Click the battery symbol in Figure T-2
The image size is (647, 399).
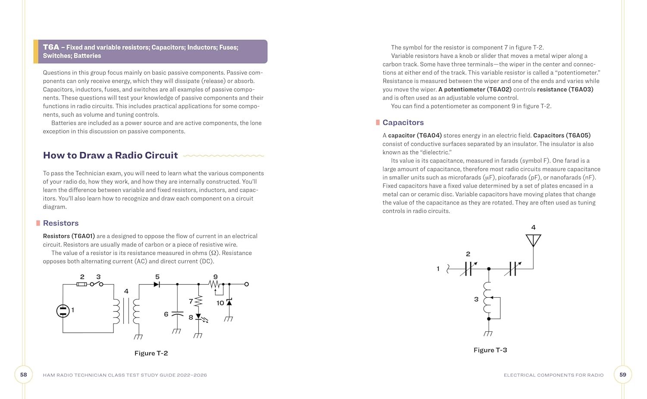pyautogui.click(x=63, y=311)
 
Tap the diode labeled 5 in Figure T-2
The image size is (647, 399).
pyautogui.click(x=157, y=284)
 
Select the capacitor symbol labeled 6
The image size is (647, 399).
pyautogui.click(x=177, y=314)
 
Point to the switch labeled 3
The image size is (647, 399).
pyautogui.click(x=97, y=284)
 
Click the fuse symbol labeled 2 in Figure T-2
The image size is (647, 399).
pyautogui.click(x=82, y=284)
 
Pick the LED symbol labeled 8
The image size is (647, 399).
pyautogui.click(x=198, y=317)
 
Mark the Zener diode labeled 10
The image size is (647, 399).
pyautogui.click(x=229, y=302)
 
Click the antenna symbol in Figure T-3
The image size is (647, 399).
pyautogui.click(x=533, y=240)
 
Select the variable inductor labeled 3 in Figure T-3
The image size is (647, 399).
pyautogui.click(x=488, y=298)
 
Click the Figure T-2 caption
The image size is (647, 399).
pyautogui.click(x=151, y=353)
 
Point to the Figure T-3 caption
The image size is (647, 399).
pyautogui.click(x=490, y=350)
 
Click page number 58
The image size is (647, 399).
pyautogui.click(x=24, y=375)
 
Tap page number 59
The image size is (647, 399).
pyautogui.click(x=622, y=375)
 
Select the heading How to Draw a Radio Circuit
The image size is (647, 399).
pyautogui.click(x=110, y=155)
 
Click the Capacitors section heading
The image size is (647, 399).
pyautogui.click(x=403, y=123)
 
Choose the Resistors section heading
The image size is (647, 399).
pyautogui.click(x=61, y=223)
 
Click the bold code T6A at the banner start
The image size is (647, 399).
pyautogui.click(x=51, y=47)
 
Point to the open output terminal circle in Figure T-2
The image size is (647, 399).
pyautogui.click(x=246, y=284)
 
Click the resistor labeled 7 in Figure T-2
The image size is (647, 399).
pyautogui.click(x=198, y=301)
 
